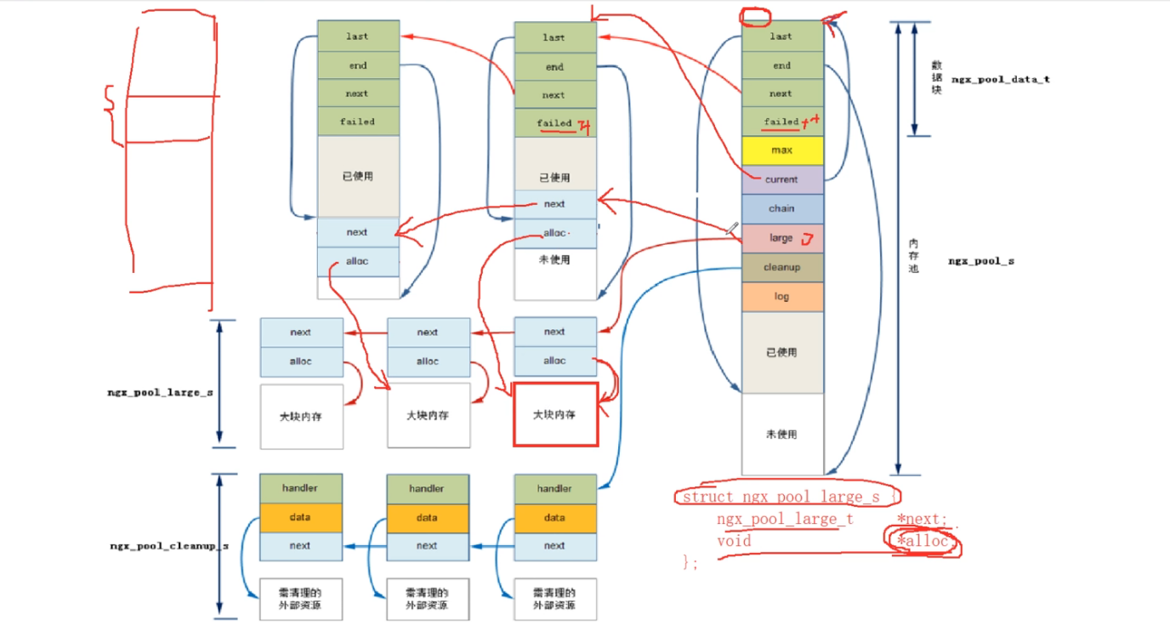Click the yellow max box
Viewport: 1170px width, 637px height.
point(782,151)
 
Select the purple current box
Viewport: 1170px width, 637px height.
point(782,179)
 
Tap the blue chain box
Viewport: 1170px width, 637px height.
point(782,208)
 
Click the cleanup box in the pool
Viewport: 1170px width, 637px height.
point(782,267)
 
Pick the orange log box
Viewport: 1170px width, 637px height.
point(782,297)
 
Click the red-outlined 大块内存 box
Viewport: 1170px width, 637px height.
point(555,414)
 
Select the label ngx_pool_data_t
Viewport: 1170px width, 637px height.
point(1001,79)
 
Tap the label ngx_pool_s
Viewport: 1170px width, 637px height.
point(981,261)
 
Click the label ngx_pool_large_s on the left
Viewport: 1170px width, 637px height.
point(161,392)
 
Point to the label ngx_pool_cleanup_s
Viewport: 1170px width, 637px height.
point(169,546)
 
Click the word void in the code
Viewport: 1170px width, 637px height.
point(734,541)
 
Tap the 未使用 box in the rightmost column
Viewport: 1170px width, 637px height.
point(782,434)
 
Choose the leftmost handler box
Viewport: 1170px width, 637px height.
point(301,488)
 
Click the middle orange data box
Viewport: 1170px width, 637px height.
point(428,517)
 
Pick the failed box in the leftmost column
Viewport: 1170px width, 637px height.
point(358,122)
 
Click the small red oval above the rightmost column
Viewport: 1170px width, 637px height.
point(753,16)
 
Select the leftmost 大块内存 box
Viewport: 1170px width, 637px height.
point(301,416)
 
